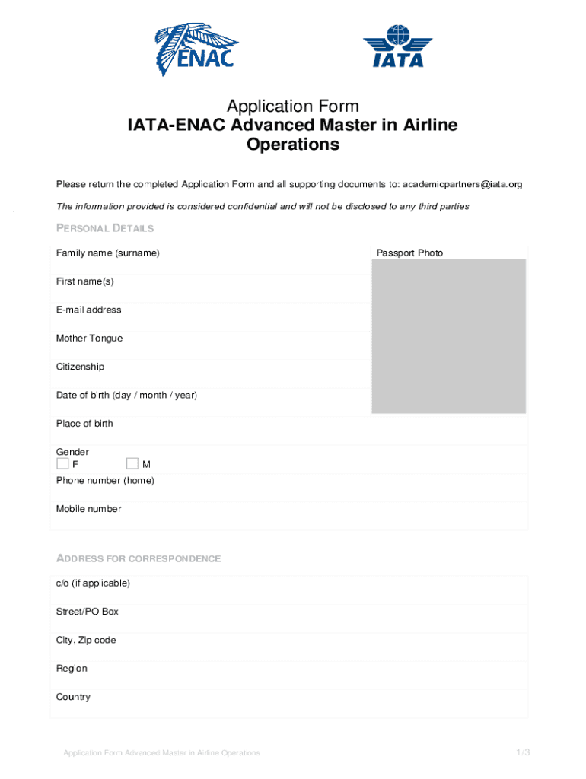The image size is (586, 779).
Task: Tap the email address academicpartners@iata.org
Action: click(x=462, y=185)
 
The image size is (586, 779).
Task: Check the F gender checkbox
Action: click(x=62, y=463)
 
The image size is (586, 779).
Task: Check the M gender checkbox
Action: click(x=132, y=463)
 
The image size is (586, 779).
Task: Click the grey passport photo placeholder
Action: click(x=448, y=336)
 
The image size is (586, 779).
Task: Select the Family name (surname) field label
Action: click(x=107, y=253)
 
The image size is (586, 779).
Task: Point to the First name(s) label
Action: click(x=84, y=281)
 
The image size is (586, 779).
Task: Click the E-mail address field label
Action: click(x=88, y=310)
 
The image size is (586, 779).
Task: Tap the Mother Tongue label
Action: click(x=89, y=339)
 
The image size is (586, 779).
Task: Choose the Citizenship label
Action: click(x=80, y=367)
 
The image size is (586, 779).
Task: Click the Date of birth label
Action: click(x=126, y=396)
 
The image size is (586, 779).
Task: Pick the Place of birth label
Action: click(x=84, y=424)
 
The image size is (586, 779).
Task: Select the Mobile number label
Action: click(x=88, y=509)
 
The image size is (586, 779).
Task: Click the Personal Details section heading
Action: click(x=105, y=228)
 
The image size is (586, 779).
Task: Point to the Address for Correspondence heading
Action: click(x=139, y=558)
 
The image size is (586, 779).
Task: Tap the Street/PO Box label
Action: click(x=87, y=612)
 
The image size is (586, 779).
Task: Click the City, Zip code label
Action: click(x=86, y=641)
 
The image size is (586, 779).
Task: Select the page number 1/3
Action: click(x=521, y=752)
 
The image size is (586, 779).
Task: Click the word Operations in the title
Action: click(x=293, y=145)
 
